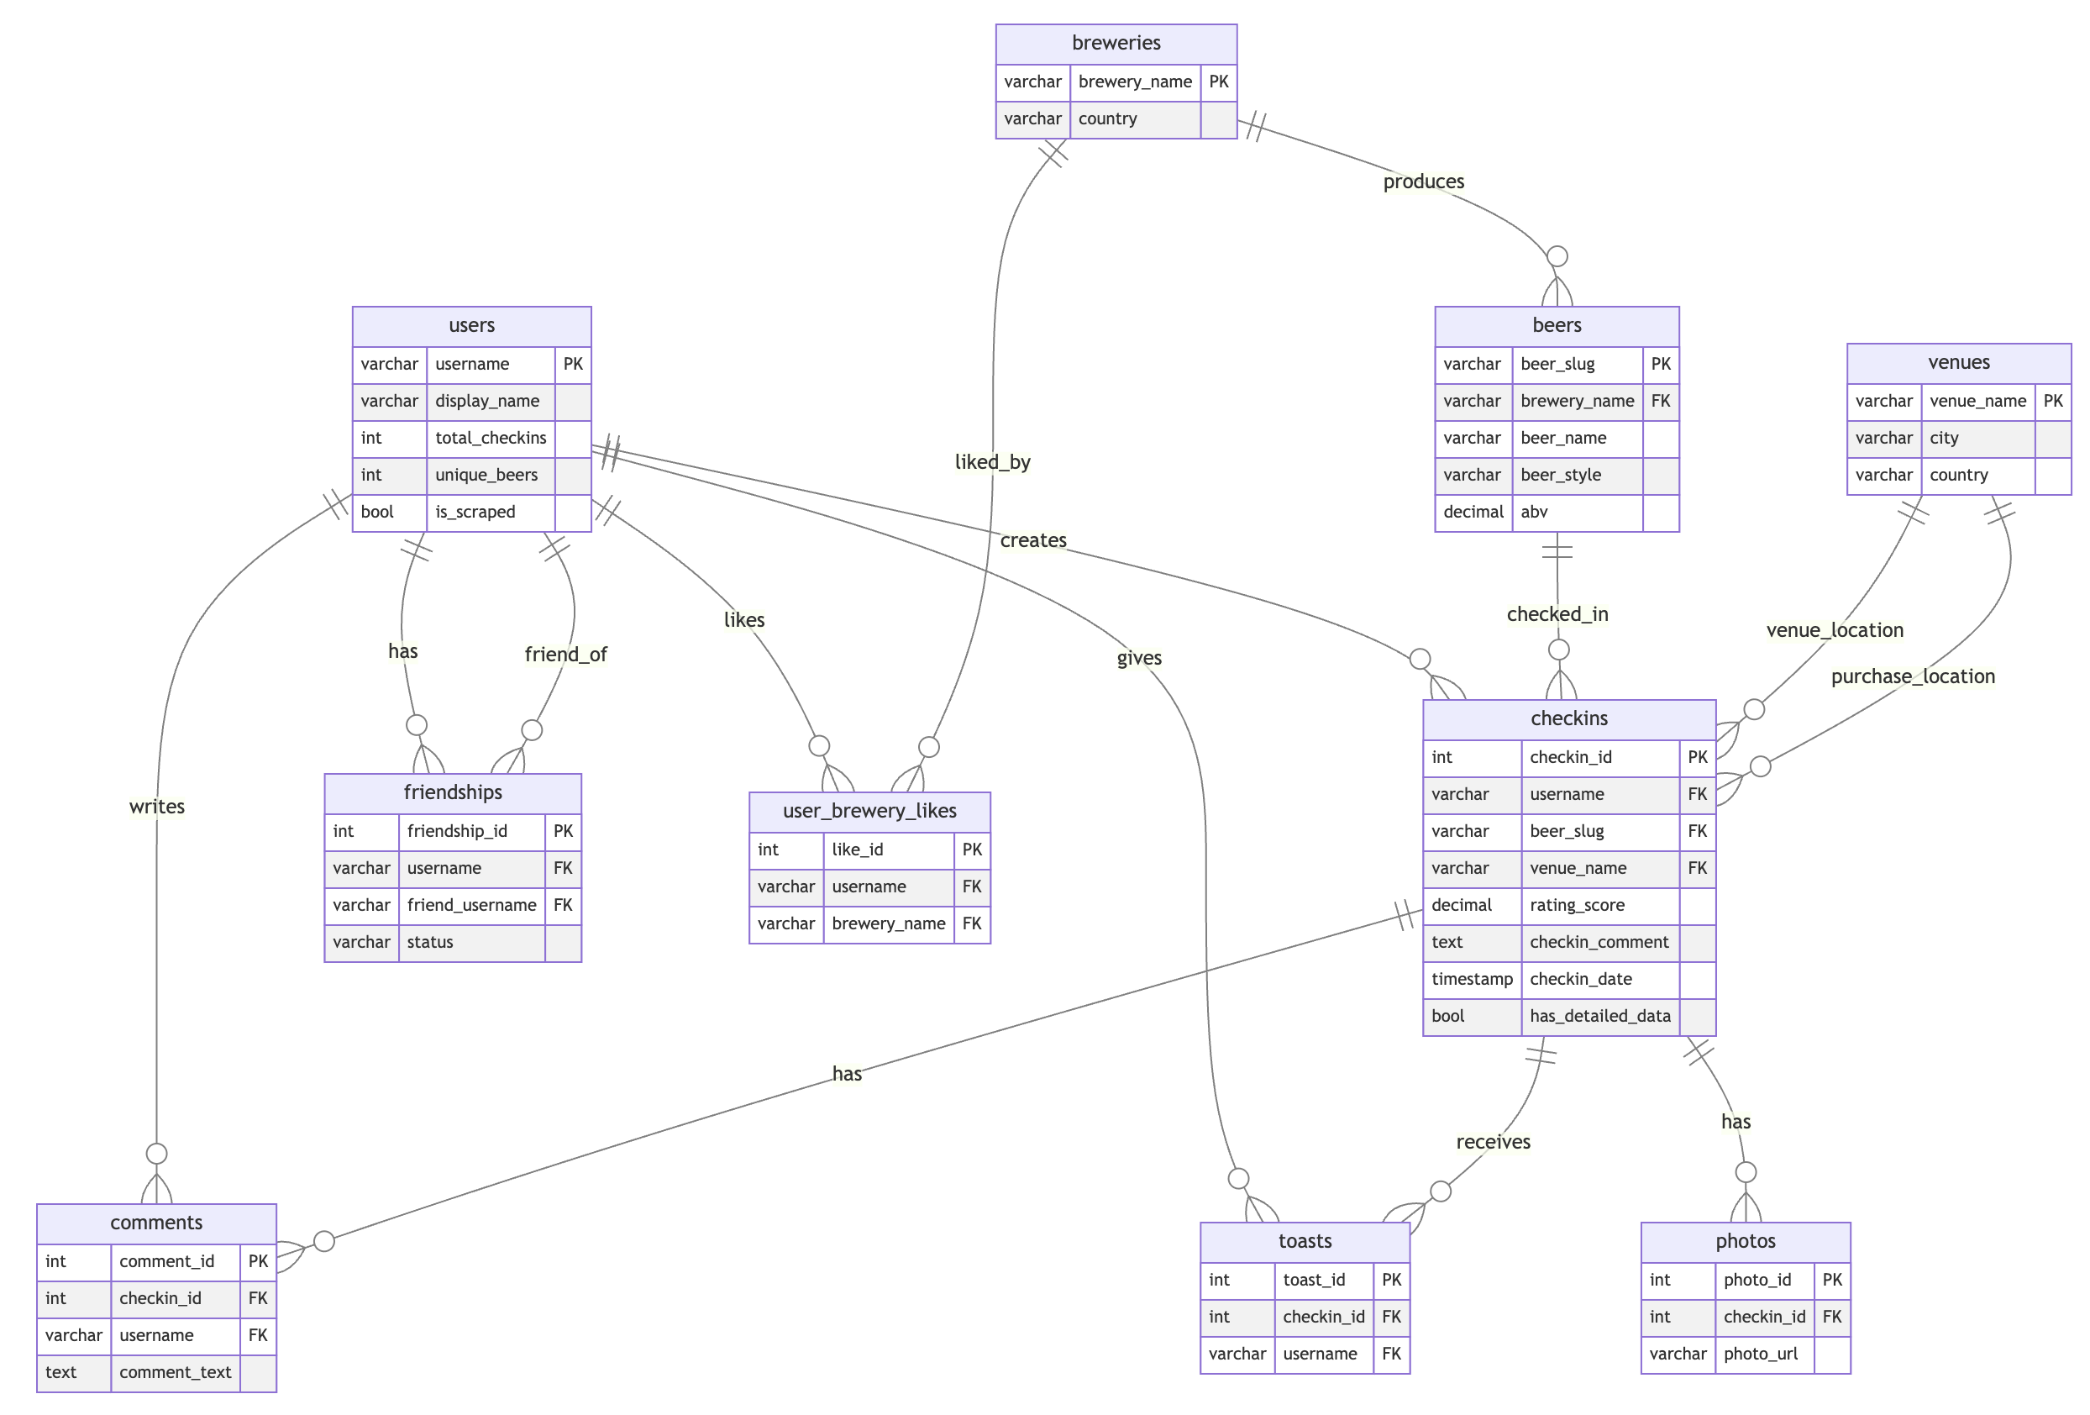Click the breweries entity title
[1116, 43]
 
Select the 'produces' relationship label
[1423, 181]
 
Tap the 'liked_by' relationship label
[992, 462]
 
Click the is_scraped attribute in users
[475, 512]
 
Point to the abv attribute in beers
[1533, 512]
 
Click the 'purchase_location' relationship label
[1912, 676]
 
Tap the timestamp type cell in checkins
[1471, 979]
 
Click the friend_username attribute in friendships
[471, 905]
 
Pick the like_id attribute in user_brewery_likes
[857, 850]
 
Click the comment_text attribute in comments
[176, 1372]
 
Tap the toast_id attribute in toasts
[1313, 1280]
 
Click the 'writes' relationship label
[156, 807]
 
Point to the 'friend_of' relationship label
[565, 655]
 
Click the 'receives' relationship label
[1493, 1143]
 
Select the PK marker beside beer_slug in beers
[1660, 365]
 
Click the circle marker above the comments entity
[156, 1153]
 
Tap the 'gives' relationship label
[1138, 659]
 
